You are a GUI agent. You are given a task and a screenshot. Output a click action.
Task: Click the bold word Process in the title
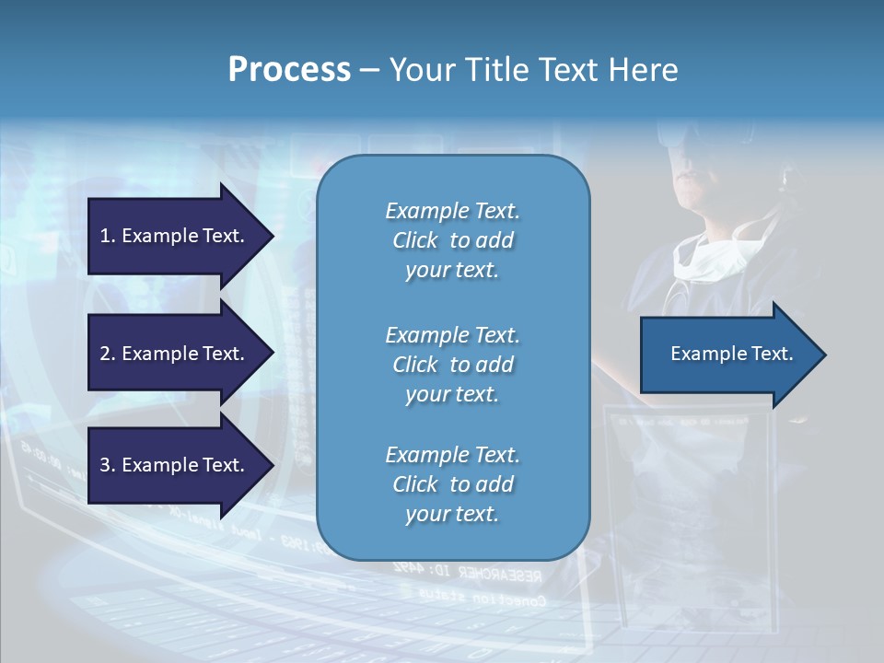point(289,70)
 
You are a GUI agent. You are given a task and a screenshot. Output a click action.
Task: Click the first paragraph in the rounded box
point(452,240)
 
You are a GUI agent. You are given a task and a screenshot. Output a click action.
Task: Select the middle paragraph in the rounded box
point(452,365)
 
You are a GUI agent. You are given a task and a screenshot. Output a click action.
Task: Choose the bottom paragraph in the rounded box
point(452,484)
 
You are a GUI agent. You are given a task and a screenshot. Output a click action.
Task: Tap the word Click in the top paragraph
point(415,240)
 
